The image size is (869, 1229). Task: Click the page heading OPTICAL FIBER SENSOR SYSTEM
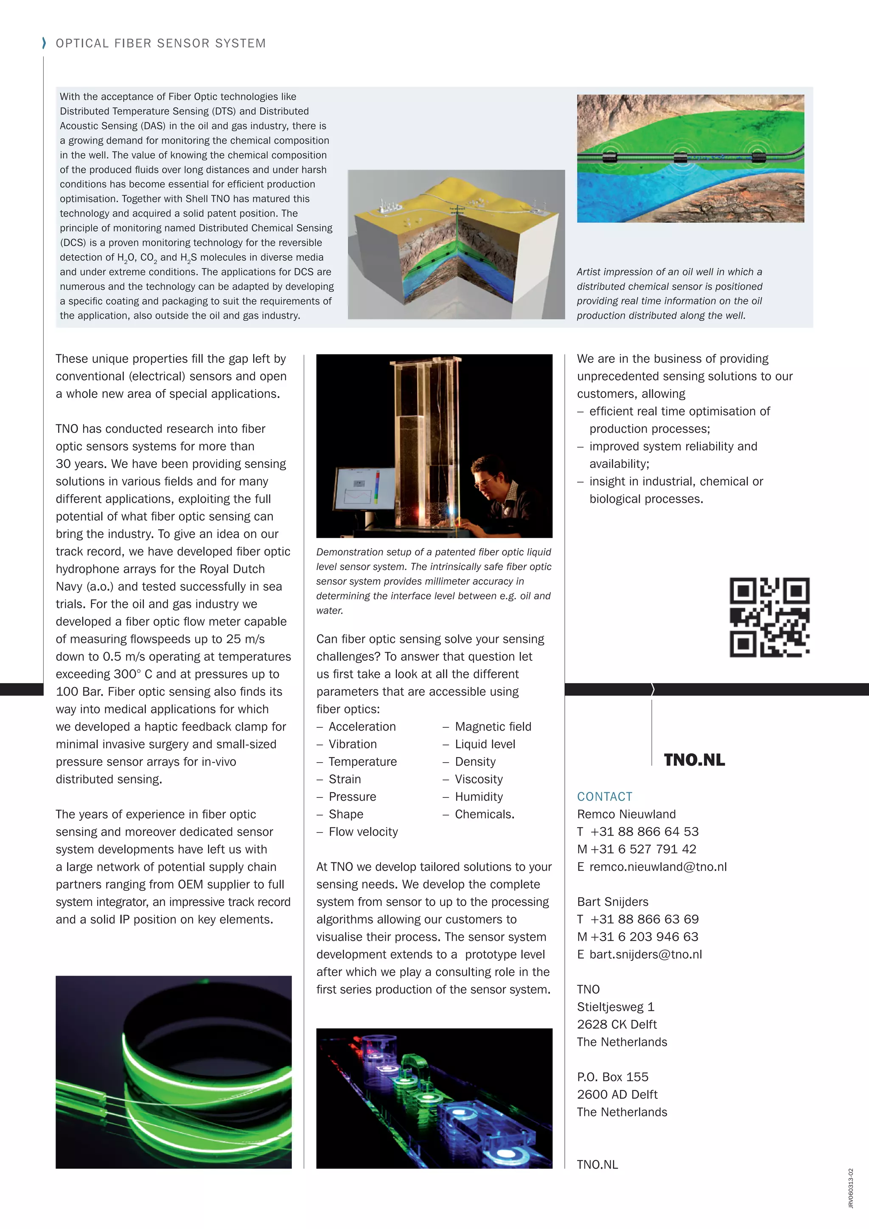pos(160,43)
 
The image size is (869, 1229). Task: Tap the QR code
pos(769,617)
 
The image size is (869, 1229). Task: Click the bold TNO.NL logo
pos(694,760)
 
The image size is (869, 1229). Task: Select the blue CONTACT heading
pos(604,797)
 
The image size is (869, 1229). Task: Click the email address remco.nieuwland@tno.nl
pos(658,867)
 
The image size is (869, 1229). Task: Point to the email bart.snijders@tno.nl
pos(645,954)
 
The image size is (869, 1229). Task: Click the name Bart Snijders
pos(612,902)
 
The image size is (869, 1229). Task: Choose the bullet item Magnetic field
pos(493,727)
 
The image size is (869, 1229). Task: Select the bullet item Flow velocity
pos(363,832)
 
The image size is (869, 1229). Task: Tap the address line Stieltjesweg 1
pos(615,1007)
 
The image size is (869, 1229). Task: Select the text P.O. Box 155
pos(612,1077)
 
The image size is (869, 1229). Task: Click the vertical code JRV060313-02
pos(850,1188)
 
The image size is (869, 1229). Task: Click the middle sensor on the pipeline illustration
pos(680,158)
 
